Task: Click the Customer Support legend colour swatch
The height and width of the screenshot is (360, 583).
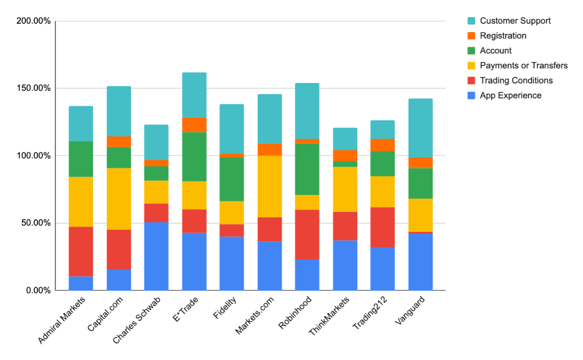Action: coord(471,21)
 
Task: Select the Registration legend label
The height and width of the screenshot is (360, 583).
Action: coord(503,36)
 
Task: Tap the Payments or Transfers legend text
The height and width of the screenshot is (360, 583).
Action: coord(523,65)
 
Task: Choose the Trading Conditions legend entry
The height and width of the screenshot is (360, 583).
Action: coord(516,81)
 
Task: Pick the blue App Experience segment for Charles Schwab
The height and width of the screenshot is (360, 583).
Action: coord(156,256)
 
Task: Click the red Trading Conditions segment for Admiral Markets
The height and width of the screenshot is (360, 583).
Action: coord(81,251)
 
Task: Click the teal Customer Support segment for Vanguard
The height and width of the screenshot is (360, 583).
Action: coord(420,128)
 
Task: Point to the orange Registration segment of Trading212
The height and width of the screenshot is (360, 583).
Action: coord(382,145)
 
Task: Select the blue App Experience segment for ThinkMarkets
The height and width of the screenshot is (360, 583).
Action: coord(345,265)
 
